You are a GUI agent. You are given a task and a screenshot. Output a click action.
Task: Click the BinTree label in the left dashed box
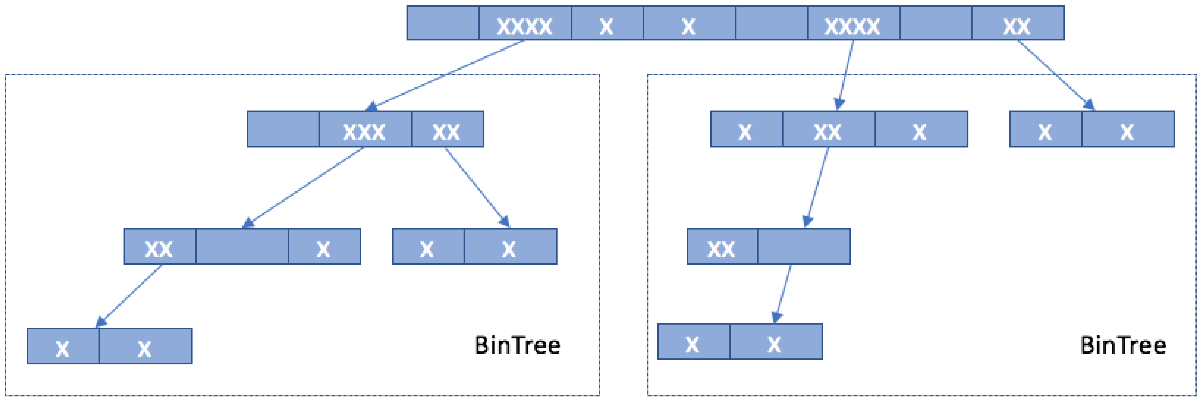click(517, 346)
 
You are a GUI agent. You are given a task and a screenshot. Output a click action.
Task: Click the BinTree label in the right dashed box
click(1123, 346)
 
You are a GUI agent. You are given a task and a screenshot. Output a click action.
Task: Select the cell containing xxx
click(365, 129)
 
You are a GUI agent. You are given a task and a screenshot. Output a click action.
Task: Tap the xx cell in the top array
click(1017, 23)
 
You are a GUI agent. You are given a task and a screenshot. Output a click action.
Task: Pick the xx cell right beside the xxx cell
click(447, 129)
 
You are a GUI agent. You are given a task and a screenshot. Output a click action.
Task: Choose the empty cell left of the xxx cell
click(283, 129)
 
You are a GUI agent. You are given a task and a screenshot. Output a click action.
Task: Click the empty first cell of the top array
click(443, 23)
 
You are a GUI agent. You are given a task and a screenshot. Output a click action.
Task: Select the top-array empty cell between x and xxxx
click(771, 23)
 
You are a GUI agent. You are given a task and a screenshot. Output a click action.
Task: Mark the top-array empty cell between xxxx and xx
click(936, 23)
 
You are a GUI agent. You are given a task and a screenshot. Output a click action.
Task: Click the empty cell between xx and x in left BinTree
click(242, 247)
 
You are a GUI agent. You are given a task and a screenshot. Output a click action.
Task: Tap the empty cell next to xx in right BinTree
click(804, 247)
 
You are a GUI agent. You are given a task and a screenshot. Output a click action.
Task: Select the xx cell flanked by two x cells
click(829, 129)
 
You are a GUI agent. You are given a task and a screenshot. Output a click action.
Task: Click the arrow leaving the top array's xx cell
click(1054, 74)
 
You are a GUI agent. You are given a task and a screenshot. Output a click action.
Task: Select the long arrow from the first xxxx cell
click(448, 74)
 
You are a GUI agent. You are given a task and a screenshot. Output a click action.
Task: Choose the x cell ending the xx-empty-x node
click(324, 247)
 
